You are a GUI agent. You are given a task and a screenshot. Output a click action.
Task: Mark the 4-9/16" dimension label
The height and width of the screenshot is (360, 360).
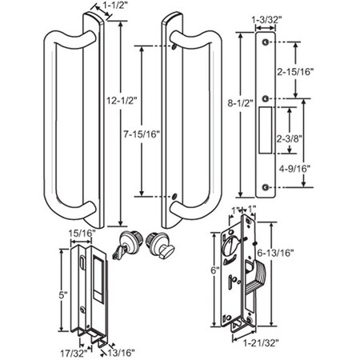(x=319, y=169)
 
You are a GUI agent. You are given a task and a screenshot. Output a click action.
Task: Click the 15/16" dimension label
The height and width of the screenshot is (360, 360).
(x=82, y=233)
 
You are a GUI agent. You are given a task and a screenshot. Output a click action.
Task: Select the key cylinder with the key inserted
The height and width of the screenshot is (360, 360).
(x=127, y=245)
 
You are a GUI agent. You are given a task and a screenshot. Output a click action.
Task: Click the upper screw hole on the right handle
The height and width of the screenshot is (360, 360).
(x=174, y=47)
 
